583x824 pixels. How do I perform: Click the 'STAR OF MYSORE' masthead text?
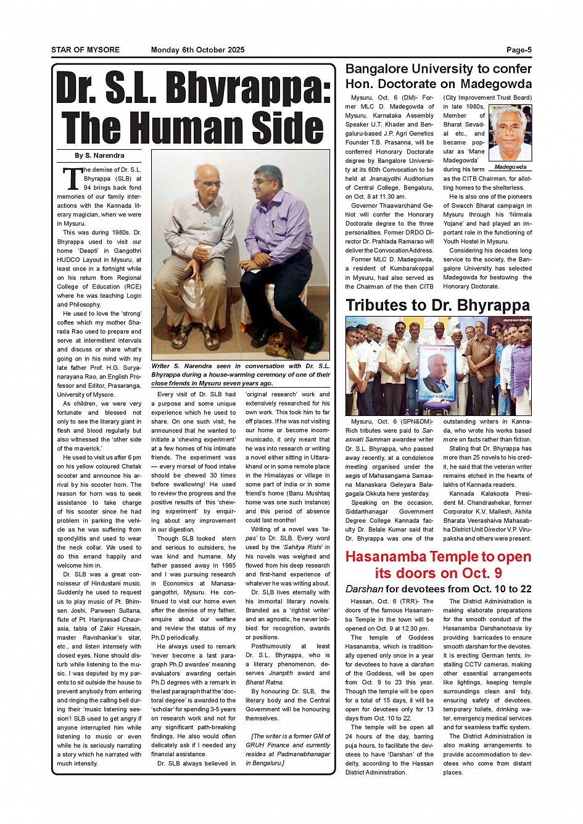tap(85, 50)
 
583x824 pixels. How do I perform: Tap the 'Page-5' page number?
tap(519, 50)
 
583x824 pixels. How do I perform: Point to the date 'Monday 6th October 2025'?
tap(197, 50)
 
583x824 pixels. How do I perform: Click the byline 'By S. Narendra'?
tap(99, 156)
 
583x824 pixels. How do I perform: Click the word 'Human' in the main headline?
tap(193, 128)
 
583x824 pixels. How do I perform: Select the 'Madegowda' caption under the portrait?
tap(510, 167)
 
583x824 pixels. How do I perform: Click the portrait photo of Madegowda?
tap(510, 133)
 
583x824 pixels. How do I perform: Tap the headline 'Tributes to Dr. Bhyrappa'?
tap(437, 306)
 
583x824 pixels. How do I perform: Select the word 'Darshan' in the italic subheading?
tap(364, 589)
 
